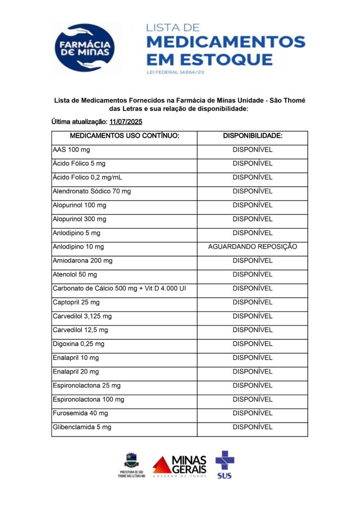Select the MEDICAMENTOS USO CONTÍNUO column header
(124, 136)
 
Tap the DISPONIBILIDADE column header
(252, 136)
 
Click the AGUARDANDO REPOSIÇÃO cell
(252, 247)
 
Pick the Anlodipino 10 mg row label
(78, 247)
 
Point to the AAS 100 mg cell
(72, 149)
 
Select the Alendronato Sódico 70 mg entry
(92, 191)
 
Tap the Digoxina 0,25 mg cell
(78, 344)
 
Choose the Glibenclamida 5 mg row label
(82, 427)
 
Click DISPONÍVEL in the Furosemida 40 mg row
(252, 413)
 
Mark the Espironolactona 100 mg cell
(88, 399)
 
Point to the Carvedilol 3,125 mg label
(82, 316)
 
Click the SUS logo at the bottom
(224, 464)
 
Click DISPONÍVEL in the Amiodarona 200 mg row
(252, 260)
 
